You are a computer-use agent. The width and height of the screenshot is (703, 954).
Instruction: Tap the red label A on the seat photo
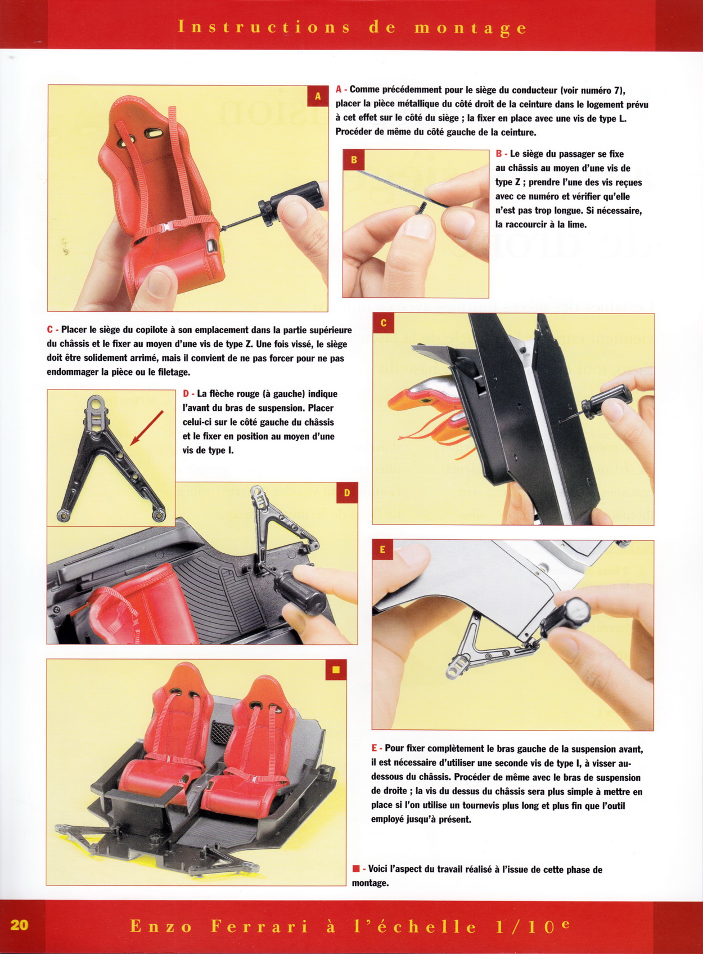[318, 97]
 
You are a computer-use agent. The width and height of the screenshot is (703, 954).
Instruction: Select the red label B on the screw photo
[354, 160]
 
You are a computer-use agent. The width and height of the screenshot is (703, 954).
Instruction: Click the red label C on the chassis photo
[384, 324]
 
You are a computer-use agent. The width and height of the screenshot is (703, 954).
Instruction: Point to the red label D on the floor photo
[347, 493]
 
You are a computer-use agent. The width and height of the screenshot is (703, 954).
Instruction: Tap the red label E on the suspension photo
[382, 550]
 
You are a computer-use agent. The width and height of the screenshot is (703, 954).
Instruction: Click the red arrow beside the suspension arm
[147, 428]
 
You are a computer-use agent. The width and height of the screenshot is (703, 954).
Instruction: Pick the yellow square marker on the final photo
[336, 670]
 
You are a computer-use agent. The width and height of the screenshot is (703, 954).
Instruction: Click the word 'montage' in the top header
[470, 28]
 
